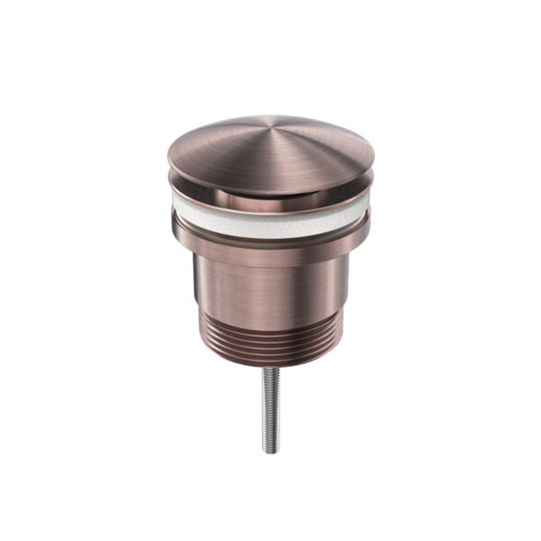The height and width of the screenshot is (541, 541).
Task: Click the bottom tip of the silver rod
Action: [270, 452]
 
